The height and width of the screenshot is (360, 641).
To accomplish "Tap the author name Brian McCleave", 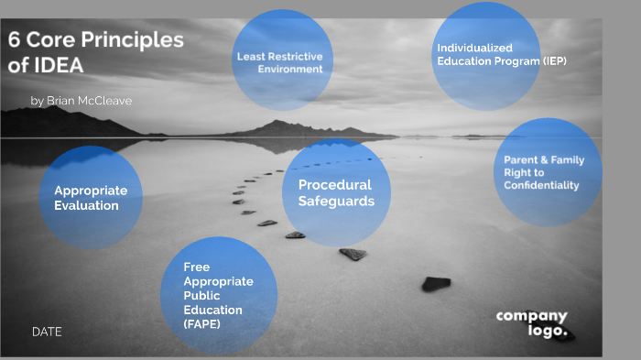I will [x=88, y=101].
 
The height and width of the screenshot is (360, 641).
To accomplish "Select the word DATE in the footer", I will [x=47, y=332].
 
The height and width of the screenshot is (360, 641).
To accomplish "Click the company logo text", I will [x=532, y=323].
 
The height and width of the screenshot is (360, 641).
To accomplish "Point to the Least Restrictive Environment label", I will [x=279, y=62].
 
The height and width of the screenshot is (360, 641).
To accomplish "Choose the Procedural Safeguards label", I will [x=336, y=193].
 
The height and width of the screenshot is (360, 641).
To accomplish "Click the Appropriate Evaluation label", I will [x=91, y=198].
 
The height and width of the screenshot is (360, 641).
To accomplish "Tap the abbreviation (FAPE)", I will [x=201, y=324].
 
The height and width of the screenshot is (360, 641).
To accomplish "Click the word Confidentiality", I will [x=541, y=185].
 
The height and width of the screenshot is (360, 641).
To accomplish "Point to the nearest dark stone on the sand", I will [x=436, y=284].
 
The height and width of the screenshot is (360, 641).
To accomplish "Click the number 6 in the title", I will [x=15, y=41].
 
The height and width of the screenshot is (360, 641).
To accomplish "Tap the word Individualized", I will [x=474, y=48].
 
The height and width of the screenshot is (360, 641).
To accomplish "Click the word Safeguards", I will [x=336, y=202].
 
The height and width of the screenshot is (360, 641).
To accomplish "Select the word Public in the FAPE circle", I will [x=201, y=296].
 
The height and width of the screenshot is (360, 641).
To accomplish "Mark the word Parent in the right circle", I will [x=521, y=159].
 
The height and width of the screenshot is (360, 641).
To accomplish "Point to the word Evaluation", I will [x=86, y=206].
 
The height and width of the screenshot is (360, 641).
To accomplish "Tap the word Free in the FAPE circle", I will [x=196, y=267].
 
